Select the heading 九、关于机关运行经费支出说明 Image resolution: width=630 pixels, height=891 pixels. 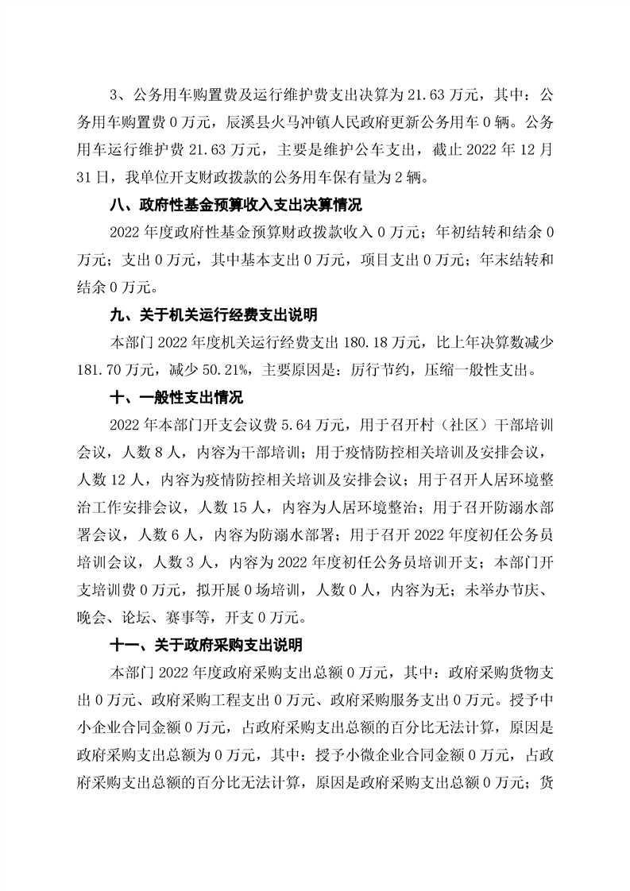coord(215,315)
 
